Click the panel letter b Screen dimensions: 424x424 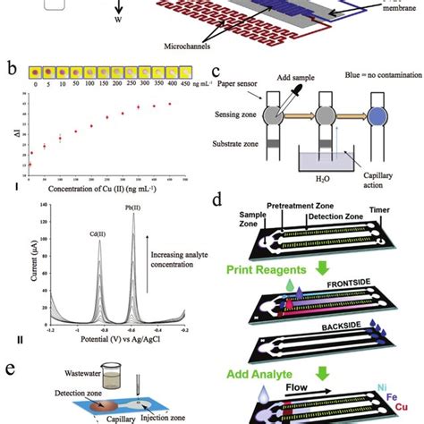[9, 68]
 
